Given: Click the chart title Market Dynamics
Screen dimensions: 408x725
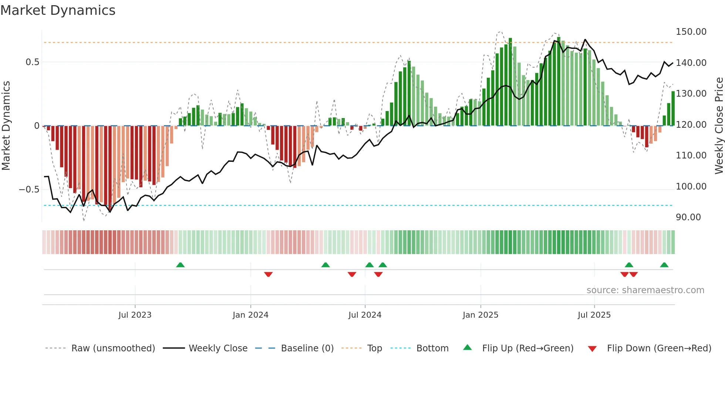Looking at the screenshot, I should point(58,10).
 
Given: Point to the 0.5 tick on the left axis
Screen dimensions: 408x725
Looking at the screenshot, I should point(32,62).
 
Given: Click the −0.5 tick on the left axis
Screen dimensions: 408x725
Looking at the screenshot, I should point(29,190).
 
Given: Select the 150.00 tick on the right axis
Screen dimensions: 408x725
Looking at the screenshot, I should point(691,32).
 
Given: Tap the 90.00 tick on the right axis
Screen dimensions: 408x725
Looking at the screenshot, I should point(688,217).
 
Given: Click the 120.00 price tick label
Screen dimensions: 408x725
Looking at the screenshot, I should point(691,125).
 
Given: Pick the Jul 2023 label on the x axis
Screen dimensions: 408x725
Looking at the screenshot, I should point(135,315).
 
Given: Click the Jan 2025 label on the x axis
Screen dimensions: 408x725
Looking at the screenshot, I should point(480,315).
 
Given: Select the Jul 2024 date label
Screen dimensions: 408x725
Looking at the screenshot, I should point(365,315).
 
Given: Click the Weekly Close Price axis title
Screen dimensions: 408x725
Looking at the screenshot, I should point(719,126).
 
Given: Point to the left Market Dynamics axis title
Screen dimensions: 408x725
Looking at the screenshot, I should point(6,126).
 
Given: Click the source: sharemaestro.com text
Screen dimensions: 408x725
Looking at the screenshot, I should point(645,290).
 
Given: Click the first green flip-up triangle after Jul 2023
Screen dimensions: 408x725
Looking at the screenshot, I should point(180,265).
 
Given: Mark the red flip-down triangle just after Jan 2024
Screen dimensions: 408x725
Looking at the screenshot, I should point(269,274).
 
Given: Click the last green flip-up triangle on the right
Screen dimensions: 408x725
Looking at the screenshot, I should point(664,265).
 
